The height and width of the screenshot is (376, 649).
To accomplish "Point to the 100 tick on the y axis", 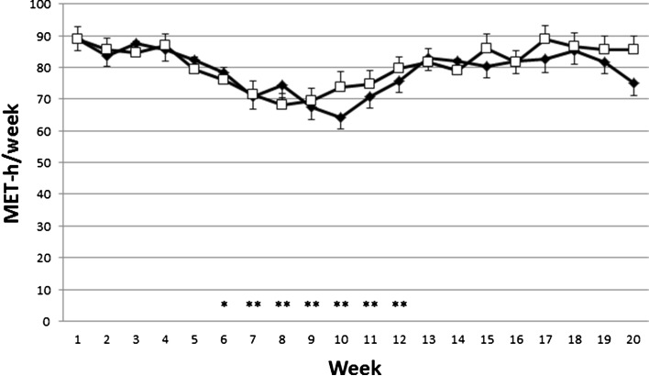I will [x=40, y=5].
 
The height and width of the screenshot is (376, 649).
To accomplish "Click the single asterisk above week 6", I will [x=224, y=305].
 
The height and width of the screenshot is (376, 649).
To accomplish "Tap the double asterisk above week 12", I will [x=399, y=305].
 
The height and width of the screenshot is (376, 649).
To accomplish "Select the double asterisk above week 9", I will [x=312, y=305].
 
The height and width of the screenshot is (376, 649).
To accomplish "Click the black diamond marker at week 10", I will [x=341, y=117].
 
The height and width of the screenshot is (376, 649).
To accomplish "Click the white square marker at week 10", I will [x=341, y=87].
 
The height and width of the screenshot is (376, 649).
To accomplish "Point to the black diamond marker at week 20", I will [x=633, y=83].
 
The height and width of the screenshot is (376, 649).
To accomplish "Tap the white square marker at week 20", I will [x=633, y=50].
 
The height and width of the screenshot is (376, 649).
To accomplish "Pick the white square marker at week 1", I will [x=78, y=39].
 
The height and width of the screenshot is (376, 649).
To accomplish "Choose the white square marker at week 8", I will [x=282, y=105].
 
